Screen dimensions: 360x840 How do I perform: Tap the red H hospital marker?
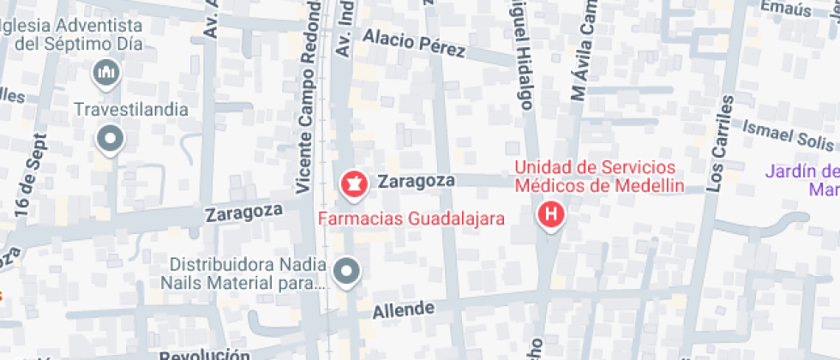pyautogui.click(x=551, y=213)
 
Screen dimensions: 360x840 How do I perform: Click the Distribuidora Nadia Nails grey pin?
pyautogui.click(x=346, y=272)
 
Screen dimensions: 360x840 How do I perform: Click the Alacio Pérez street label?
pyautogui.click(x=414, y=45)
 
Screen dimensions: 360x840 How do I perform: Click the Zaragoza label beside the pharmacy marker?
pyautogui.click(x=416, y=181)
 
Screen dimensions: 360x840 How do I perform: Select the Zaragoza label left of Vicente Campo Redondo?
pyautogui.click(x=244, y=213)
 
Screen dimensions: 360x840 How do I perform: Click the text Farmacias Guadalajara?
pyautogui.click(x=411, y=218)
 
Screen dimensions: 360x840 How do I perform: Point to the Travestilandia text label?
pyautogui.click(x=131, y=109)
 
